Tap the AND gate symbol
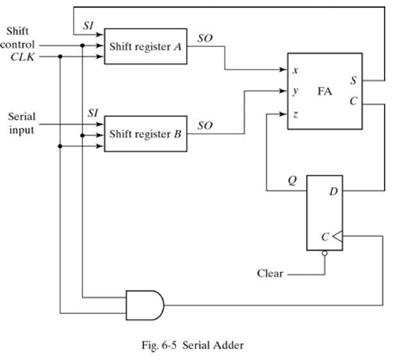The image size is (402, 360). click(145, 302)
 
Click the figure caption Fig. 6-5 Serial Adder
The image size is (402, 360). click(193, 345)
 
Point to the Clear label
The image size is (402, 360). click(270, 273)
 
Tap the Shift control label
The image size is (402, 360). click(19, 38)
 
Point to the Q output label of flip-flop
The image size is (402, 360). click(292, 181)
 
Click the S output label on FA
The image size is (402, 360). click(354, 81)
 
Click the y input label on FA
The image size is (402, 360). click(295, 91)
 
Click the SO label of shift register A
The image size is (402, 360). click(204, 39)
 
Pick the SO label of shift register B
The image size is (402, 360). click(204, 126)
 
